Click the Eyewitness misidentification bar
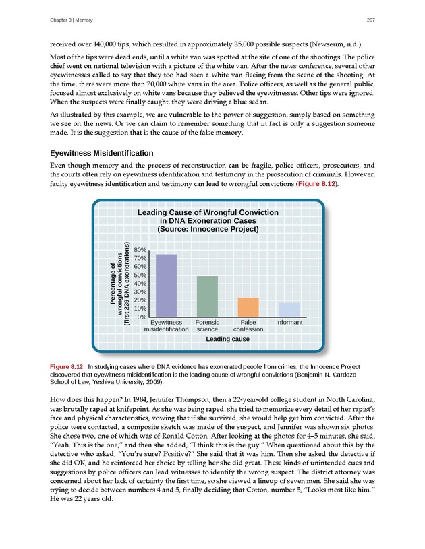click(x=166, y=285)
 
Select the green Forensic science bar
click(x=207, y=296)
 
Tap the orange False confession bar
click(x=248, y=306)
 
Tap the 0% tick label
click(x=142, y=316)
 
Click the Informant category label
click(x=289, y=323)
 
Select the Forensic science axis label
click(x=207, y=326)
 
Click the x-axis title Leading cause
click(x=227, y=339)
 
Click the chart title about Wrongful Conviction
click(x=208, y=220)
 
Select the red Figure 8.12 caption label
click(x=67, y=366)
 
